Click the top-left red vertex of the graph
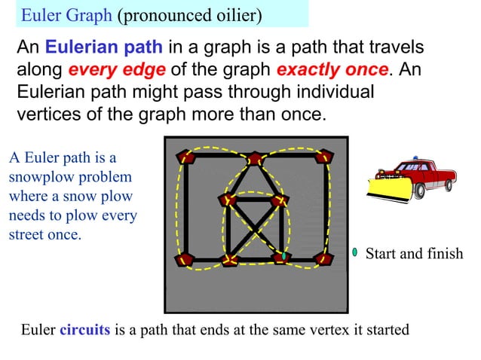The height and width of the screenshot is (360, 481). pyautogui.click(x=185, y=157)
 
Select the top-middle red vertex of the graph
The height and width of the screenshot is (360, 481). pyautogui.click(x=256, y=158)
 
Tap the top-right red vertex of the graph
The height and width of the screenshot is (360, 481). pyautogui.click(x=324, y=157)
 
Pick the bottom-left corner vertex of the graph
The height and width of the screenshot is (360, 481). pyautogui.click(x=185, y=259)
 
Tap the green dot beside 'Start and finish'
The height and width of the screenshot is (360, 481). pyautogui.click(x=354, y=252)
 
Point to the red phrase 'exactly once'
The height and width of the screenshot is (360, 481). pyautogui.click(x=332, y=71)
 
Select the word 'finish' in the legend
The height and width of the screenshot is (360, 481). pyautogui.click(x=443, y=254)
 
